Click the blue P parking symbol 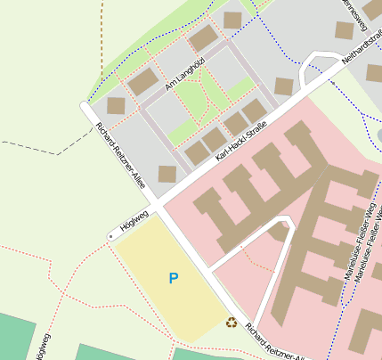(173, 279)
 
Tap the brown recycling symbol (232, 323)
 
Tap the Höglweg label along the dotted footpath (40, 347)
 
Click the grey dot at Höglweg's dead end (110, 236)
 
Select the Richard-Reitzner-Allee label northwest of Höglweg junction (120, 154)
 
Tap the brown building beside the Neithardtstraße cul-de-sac (284, 86)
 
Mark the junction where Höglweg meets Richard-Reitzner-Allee (157, 209)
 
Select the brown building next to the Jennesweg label (345, 30)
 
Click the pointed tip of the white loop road (286, 219)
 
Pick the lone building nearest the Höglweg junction (167, 174)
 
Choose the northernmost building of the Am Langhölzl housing (232, 20)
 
